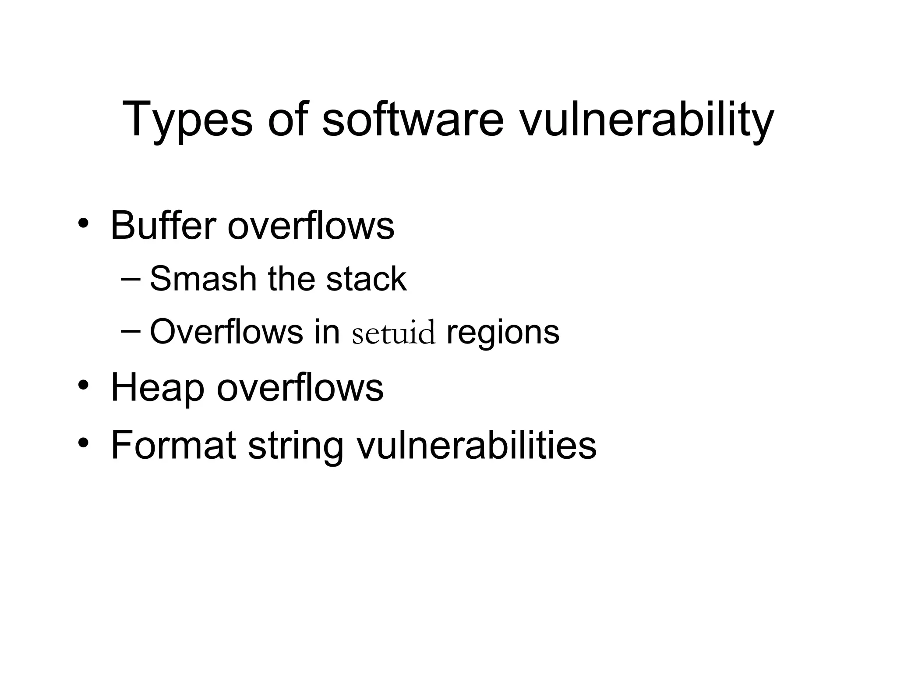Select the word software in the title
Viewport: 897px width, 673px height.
(413, 119)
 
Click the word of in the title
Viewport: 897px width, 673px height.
(287, 119)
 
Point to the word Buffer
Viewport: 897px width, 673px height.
(163, 226)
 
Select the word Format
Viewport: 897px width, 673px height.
(173, 445)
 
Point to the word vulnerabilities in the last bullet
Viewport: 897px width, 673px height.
(477, 445)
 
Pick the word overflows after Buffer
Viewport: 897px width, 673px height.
(311, 226)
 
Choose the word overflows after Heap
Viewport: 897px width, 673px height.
(300, 388)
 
